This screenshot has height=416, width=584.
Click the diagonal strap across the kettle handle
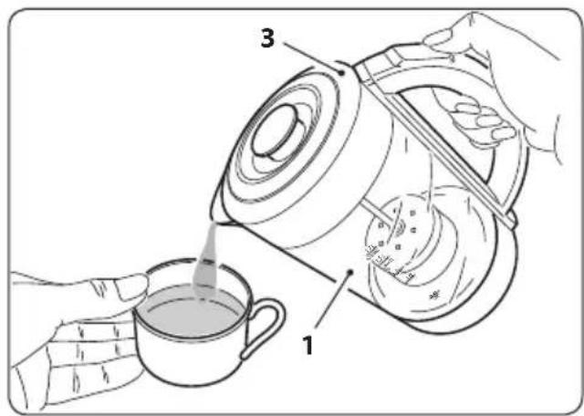click(438, 146)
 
